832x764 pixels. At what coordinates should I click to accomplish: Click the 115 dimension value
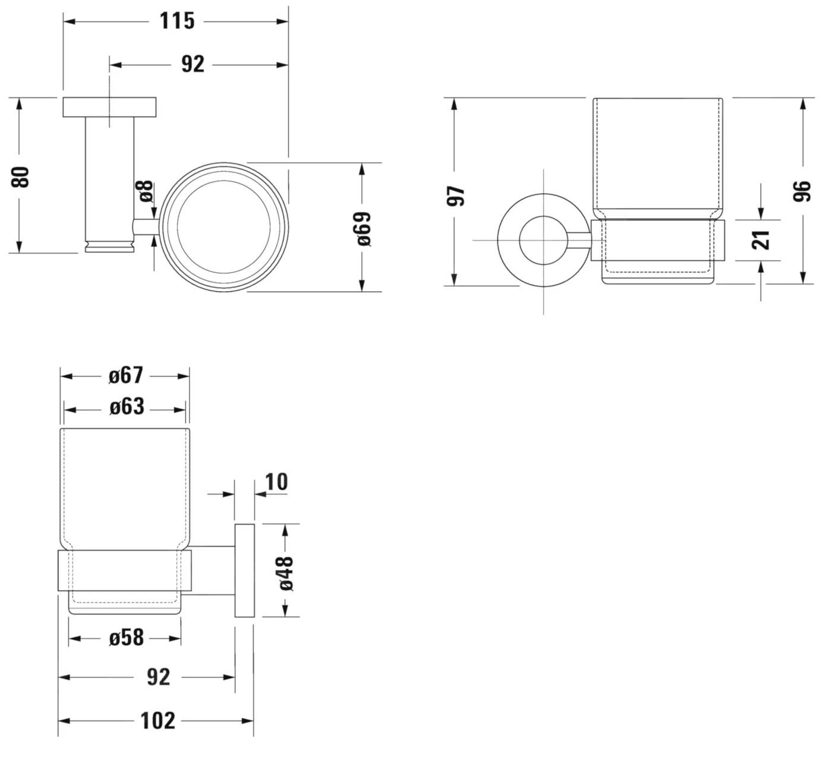click(x=177, y=21)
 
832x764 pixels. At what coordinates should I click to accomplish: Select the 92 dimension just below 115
click(x=193, y=64)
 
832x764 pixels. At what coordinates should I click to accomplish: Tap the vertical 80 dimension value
click(x=21, y=177)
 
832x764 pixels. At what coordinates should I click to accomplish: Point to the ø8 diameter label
click(x=146, y=191)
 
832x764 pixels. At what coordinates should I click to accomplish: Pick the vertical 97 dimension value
click(x=456, y=195)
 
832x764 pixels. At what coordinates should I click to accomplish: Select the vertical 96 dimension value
click(x=802, y=191)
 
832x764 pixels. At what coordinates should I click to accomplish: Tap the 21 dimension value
click(x=761, y=240)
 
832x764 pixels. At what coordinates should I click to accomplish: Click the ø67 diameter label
click(x=126, y=375)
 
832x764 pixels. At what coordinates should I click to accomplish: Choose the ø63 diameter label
click(x=127, y=408)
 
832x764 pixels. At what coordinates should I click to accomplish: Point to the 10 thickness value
click(x=276, y=482)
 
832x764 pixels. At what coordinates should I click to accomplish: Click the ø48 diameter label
click(x=286, y=573)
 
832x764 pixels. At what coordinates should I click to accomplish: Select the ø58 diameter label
click(x=126, y=637)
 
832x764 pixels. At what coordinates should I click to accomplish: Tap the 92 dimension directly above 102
click(x=158, y=677)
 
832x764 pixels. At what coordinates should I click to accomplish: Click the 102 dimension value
click(x=158, y=721)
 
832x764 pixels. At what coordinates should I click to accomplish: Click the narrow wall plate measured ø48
click(x=244, y=571)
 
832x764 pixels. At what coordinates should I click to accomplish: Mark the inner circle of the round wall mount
click(x=543, y=240)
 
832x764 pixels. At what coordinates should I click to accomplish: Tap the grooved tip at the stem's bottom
click(x=110, y=246)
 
